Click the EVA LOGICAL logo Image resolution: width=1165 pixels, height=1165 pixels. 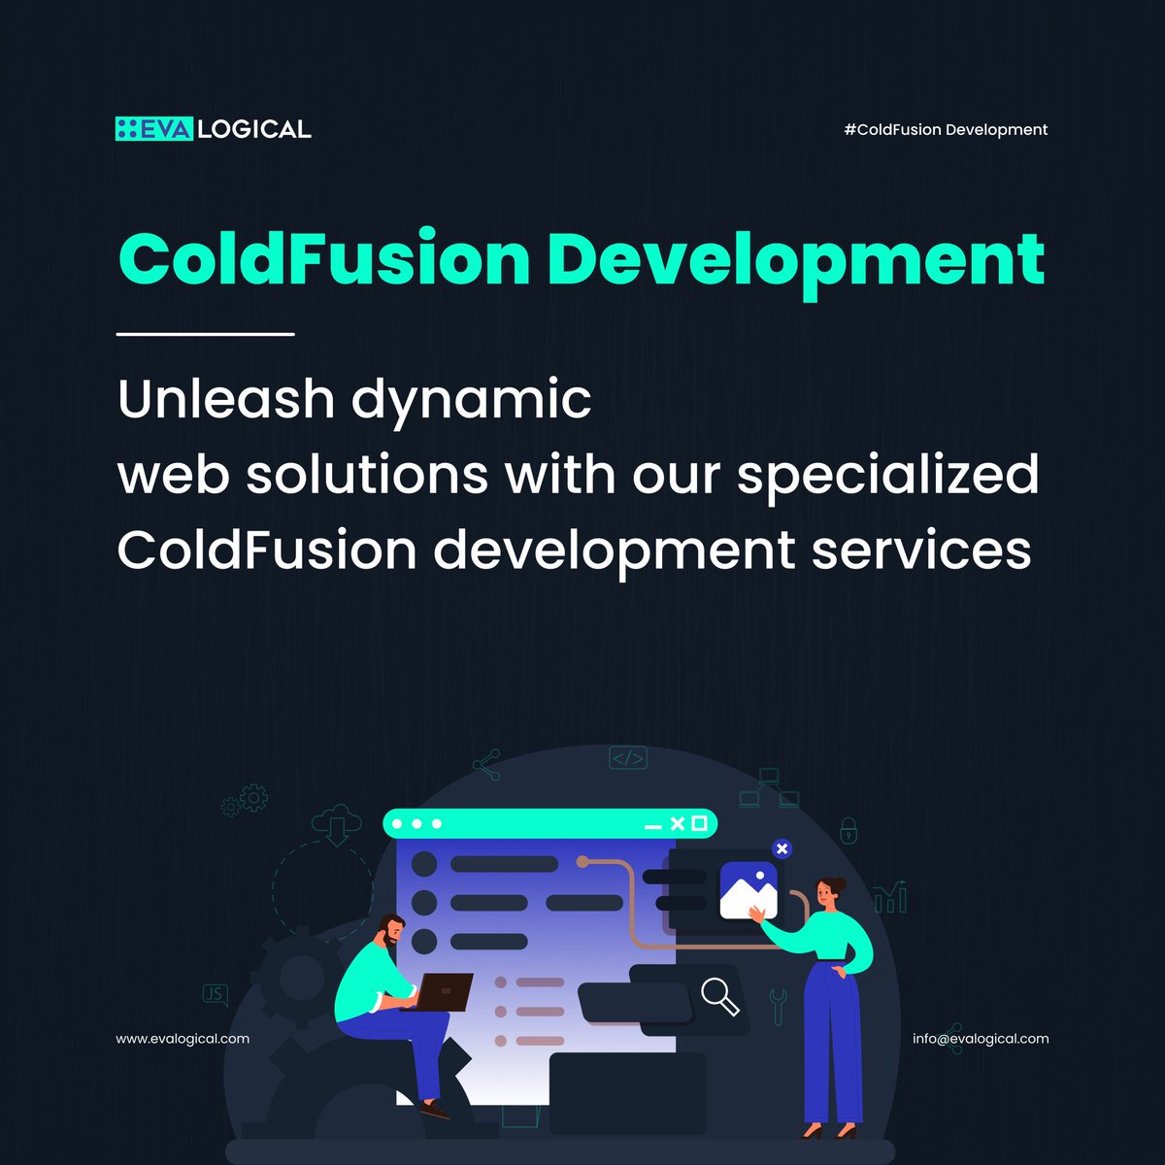(x=213, y=128)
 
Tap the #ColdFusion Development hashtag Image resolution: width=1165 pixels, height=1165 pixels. (x=946, y=129)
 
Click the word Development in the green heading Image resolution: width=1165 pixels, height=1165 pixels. (x=795, y=260)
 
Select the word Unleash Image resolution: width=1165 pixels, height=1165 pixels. (x=225, y=399)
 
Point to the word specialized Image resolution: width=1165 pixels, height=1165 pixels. (x=887, y=476)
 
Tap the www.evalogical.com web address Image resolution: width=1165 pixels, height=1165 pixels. (x=183, y=1039)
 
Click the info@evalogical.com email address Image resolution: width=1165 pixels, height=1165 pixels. (x=981, y=1039)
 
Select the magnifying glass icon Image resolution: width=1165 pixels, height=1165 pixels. (x=719, y=996)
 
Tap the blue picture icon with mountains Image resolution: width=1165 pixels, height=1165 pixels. (x=749, y=891)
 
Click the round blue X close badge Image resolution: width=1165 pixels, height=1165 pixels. (x=782, y=849)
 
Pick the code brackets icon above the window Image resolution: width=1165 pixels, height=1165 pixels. (x=628, y=758)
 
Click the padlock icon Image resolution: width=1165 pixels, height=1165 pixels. (x=849, y=831)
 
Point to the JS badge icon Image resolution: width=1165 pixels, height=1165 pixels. (x=215, y=994)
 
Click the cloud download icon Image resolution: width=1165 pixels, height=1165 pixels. (x=336, y=824)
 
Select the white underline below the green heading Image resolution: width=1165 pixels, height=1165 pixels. (x=205, y=334)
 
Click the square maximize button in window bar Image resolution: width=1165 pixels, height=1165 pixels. (x=699, y=824)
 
